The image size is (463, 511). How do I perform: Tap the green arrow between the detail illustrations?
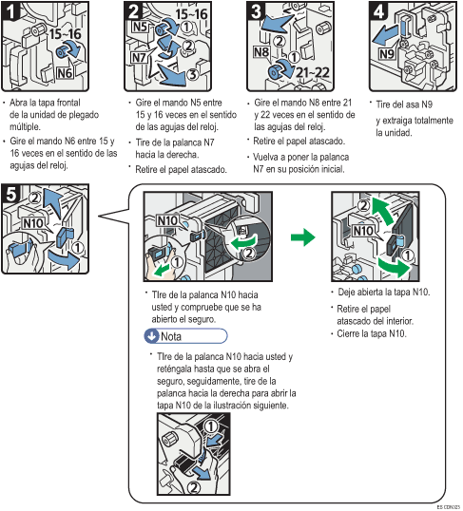click(301, 237)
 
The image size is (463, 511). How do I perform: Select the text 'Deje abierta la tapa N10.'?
click(384, 292)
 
